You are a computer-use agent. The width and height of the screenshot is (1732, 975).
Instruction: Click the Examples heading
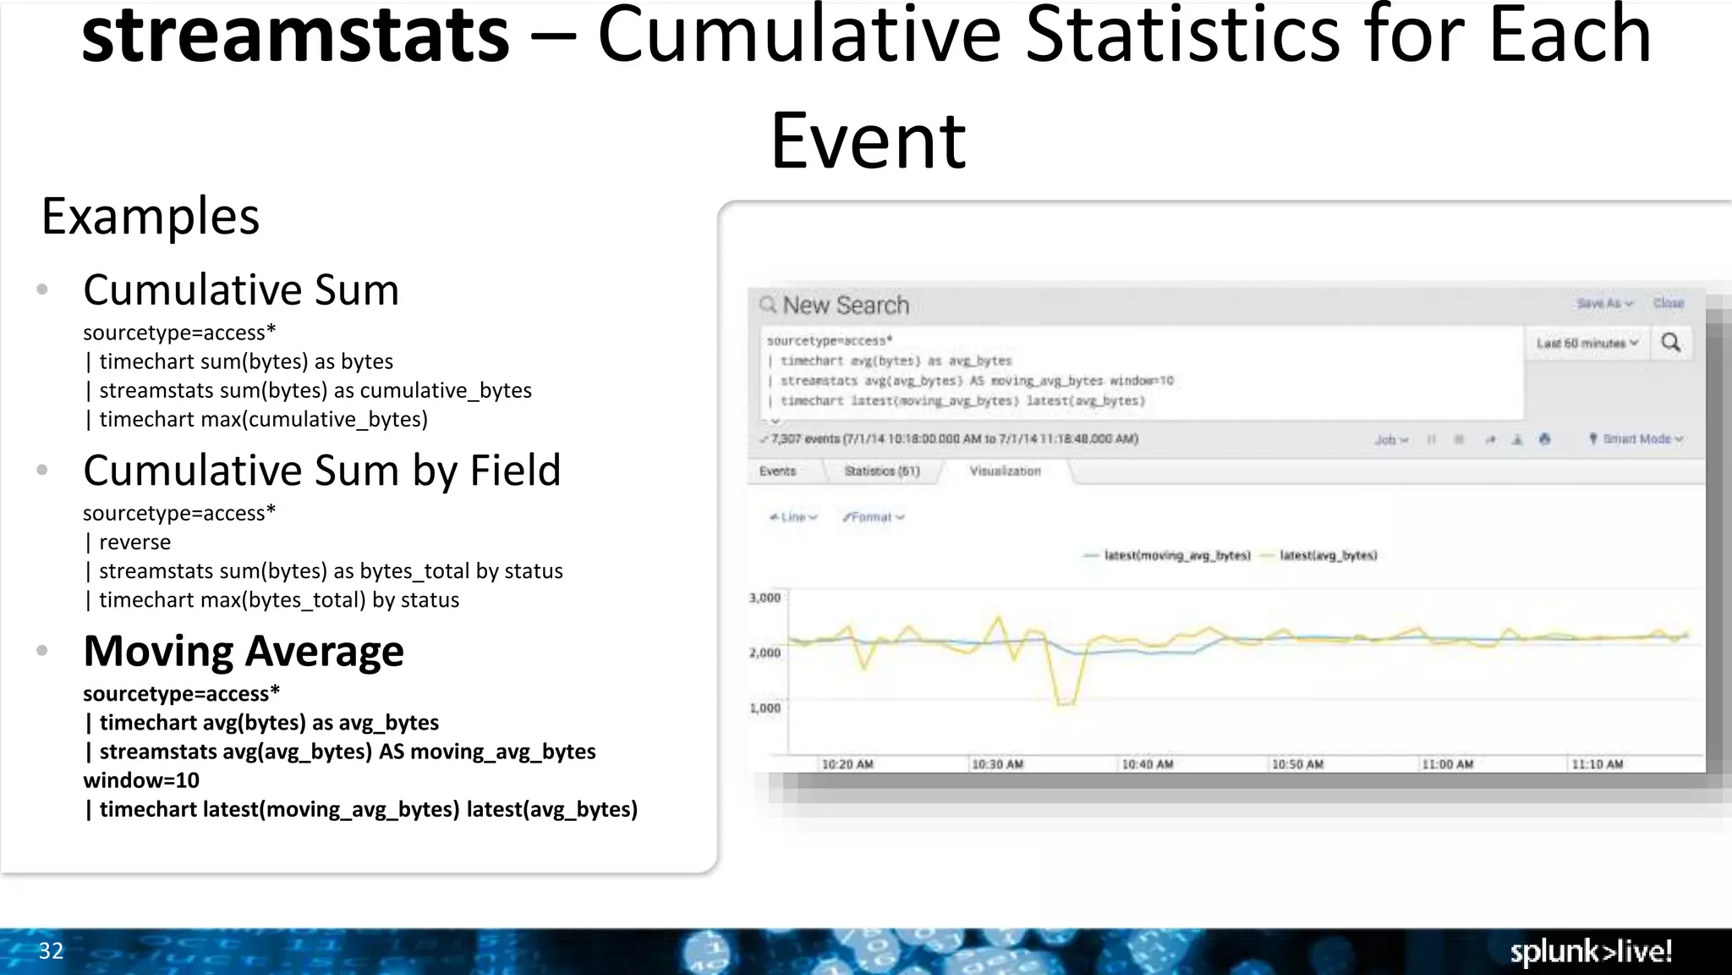[x=151, y=217]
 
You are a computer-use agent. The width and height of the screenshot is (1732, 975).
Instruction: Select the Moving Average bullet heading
[x=244, y=651]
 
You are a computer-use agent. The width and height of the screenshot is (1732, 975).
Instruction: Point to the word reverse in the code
[x=134, y=542]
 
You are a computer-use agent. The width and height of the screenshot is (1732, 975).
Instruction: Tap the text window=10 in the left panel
[x=141, y=780]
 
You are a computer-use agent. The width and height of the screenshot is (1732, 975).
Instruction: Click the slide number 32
[x=51, y=950]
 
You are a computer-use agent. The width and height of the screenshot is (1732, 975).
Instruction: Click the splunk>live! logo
[x=1591, y=951]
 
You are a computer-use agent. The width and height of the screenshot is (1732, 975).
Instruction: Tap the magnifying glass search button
[x=1671, y=343]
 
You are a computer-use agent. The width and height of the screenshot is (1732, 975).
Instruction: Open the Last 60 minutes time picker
[x=1587, y=343]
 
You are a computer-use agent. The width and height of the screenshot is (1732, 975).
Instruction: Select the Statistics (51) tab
[x=881, y=471]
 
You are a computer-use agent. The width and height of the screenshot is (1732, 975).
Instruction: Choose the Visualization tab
[x=1005, y=471]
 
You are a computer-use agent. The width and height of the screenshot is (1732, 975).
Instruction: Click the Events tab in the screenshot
[x=777, y=471]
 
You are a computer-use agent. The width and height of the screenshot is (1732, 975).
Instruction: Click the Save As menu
[x=1603, y=303]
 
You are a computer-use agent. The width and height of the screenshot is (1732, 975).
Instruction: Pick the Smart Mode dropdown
[x=1636, y=438]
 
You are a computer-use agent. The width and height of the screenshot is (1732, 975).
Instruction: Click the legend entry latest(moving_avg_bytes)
[x=1176, y=555]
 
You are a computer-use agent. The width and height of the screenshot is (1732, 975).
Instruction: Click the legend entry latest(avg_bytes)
[x=1328, y=555]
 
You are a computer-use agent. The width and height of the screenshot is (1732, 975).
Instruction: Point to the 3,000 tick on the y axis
[x=765, y=598]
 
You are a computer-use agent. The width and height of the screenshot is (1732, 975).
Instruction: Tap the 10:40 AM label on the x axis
[x=1147, y=764]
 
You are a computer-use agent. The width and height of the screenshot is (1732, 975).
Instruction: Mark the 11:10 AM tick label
[x=1597, y=764]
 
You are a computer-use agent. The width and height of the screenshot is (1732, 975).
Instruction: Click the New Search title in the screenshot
[x=845, y=305]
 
